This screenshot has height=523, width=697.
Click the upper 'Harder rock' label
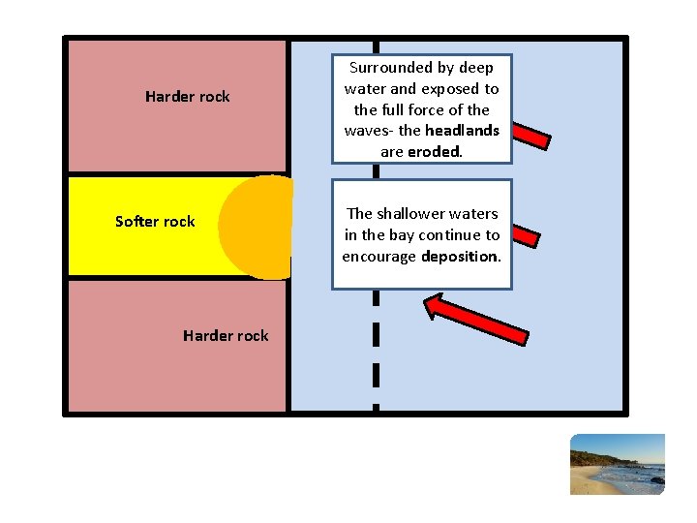[187, 96]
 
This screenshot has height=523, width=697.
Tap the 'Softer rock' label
[155, 221]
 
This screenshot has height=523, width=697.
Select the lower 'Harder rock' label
[226, 335]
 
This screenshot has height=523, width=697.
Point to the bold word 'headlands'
[462, 131]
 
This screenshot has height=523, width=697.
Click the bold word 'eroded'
[435, 152]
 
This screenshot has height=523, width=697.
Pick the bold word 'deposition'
[461, 257]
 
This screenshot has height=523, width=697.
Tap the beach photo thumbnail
[618, 464]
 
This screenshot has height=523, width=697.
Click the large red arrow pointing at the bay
[477, 319]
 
